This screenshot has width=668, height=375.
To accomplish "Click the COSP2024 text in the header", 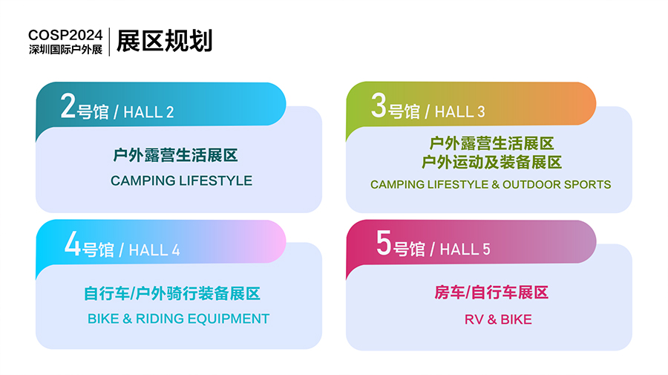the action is (x=65, y=35).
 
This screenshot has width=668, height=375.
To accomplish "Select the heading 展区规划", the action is (x=165, y=41).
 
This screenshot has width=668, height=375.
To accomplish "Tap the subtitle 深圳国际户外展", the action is (x=65, y=50).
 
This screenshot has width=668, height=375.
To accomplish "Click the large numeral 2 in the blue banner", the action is (x=68, y=105).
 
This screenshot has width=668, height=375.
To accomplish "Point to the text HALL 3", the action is (x=459, y=111).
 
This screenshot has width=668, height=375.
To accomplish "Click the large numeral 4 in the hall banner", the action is (x=73, y=244).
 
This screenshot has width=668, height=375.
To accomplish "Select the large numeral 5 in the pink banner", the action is (x=384, y=243).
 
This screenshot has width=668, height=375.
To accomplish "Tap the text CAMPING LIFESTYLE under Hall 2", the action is (x=182, y=180).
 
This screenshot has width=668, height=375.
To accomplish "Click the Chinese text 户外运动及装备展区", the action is (x=491, y=163).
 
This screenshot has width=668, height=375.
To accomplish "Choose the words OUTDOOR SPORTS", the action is (x=557, y=184).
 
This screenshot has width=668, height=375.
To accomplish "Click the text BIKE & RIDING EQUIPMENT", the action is (x=178, y=319).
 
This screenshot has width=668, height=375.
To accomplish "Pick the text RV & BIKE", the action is (x=498, y=319).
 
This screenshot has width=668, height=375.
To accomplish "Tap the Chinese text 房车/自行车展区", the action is (x=491, y=293).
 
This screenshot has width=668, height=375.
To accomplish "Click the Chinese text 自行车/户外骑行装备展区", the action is (x=172, y=293).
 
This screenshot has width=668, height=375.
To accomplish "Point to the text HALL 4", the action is (x=154, y=250).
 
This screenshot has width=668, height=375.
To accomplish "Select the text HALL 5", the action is (x=465, y=250).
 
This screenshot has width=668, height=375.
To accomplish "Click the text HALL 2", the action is (x=148, y=112).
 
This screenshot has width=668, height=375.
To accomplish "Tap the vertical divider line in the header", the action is (x=110, y=42).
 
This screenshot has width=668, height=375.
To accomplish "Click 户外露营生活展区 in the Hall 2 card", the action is (x=175, y=155).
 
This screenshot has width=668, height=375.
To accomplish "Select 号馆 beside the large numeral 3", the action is (x=404, y=111).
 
